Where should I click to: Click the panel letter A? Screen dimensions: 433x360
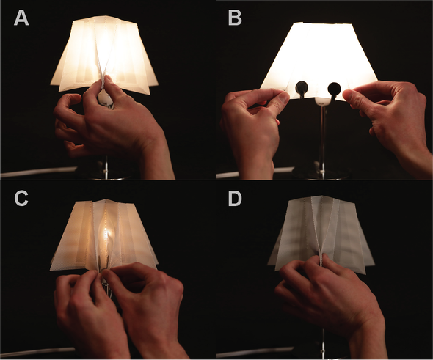[x=21, y=18]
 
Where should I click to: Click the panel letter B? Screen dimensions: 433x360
[x=235, y=18]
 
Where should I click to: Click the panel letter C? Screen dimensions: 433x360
[x=21, y=199]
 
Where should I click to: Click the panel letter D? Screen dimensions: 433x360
[x=235, y=199]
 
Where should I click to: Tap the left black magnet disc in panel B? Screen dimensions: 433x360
[x=302, y=89]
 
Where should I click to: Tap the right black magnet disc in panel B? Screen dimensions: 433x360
[x=334, y=89]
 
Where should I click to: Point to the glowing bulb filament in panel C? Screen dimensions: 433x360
[x=107, y=235]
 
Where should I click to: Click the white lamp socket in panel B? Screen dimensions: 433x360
[x=322, y=101]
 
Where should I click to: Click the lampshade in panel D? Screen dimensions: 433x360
[x=319, y=232]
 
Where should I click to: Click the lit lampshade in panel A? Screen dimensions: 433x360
[x=104, y=54]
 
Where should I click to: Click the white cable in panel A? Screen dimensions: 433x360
[x=39, y=172]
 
